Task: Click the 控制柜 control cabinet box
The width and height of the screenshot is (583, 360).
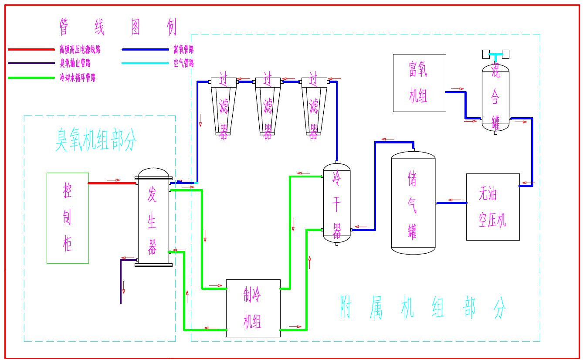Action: (x=68, y=218)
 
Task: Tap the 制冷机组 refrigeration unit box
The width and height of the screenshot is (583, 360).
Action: (x=253, y=308)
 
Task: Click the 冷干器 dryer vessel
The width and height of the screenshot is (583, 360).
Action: (x=337, y=203)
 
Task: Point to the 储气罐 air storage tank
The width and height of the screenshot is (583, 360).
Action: (x=413, y=203)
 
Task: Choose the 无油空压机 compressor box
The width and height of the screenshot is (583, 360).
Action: (x=493, y=207)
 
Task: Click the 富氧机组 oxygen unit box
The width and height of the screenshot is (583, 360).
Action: (x=419, y=83)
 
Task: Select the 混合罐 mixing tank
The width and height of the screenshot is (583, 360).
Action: (x=495, y=98)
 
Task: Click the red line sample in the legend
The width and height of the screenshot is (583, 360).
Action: (x=31, y=50)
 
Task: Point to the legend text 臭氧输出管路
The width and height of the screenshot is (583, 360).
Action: (x=75, y=64)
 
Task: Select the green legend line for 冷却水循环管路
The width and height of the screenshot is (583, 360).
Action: (x=31, y=78)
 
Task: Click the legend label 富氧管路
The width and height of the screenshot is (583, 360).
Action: (x=183, y=50)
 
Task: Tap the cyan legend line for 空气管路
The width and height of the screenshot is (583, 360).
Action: (x=145, y=64)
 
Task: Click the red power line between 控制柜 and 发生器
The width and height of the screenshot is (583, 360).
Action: (x=112, y=183)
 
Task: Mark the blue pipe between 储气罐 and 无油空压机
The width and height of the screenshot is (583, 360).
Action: (x=451, y=203)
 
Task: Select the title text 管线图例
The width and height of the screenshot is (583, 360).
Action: (x=118, y=27)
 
